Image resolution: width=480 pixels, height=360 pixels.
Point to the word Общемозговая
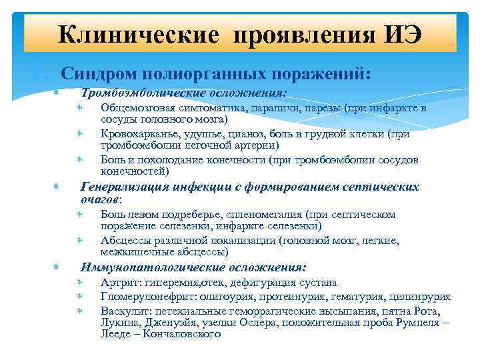pyautogui.click(x=138, y=107)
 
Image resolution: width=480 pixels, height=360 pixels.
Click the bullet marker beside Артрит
pyautogui.click(x=79, y=283)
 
